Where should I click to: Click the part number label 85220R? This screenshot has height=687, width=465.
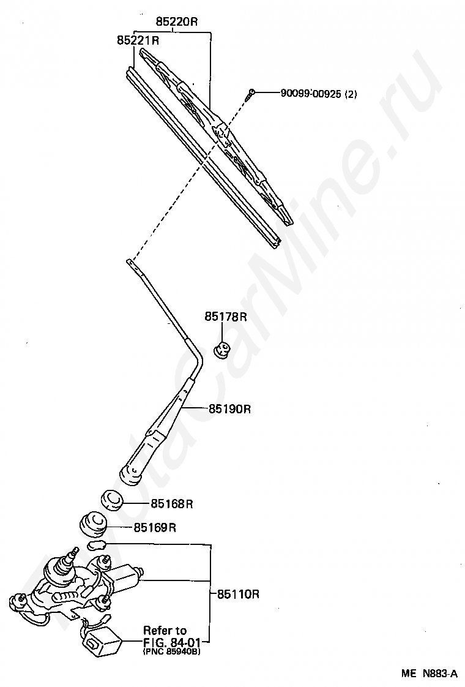pyautogui.click(x=176, y=21)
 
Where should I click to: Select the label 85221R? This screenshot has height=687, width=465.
pyautogui.click(x=138, y=41)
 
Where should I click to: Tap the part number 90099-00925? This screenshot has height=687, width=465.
pyautogui.click(x=310, y=94)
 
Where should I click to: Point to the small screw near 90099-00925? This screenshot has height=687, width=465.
pyautogui.click(x=250, y=94)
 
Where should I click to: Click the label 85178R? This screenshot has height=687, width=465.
pyautogui.click(x=225, y=317)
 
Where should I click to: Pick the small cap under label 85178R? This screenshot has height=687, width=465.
pyautogui.click(x=221, y=350)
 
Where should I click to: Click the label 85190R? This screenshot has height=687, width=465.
pyautogui.click(x=229, y=408)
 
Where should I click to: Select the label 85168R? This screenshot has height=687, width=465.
pyautogui.click(x=172, y=505)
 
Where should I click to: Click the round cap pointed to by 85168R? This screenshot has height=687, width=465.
pyautogui.click(x=112, y=499)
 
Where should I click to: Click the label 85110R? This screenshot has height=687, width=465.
pyautogui.click(x=239, y=593)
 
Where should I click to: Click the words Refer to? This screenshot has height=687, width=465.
pyautogui.click(x=164, y=630)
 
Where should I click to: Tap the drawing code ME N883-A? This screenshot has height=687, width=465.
pyautogui.click(x=429, y=674)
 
